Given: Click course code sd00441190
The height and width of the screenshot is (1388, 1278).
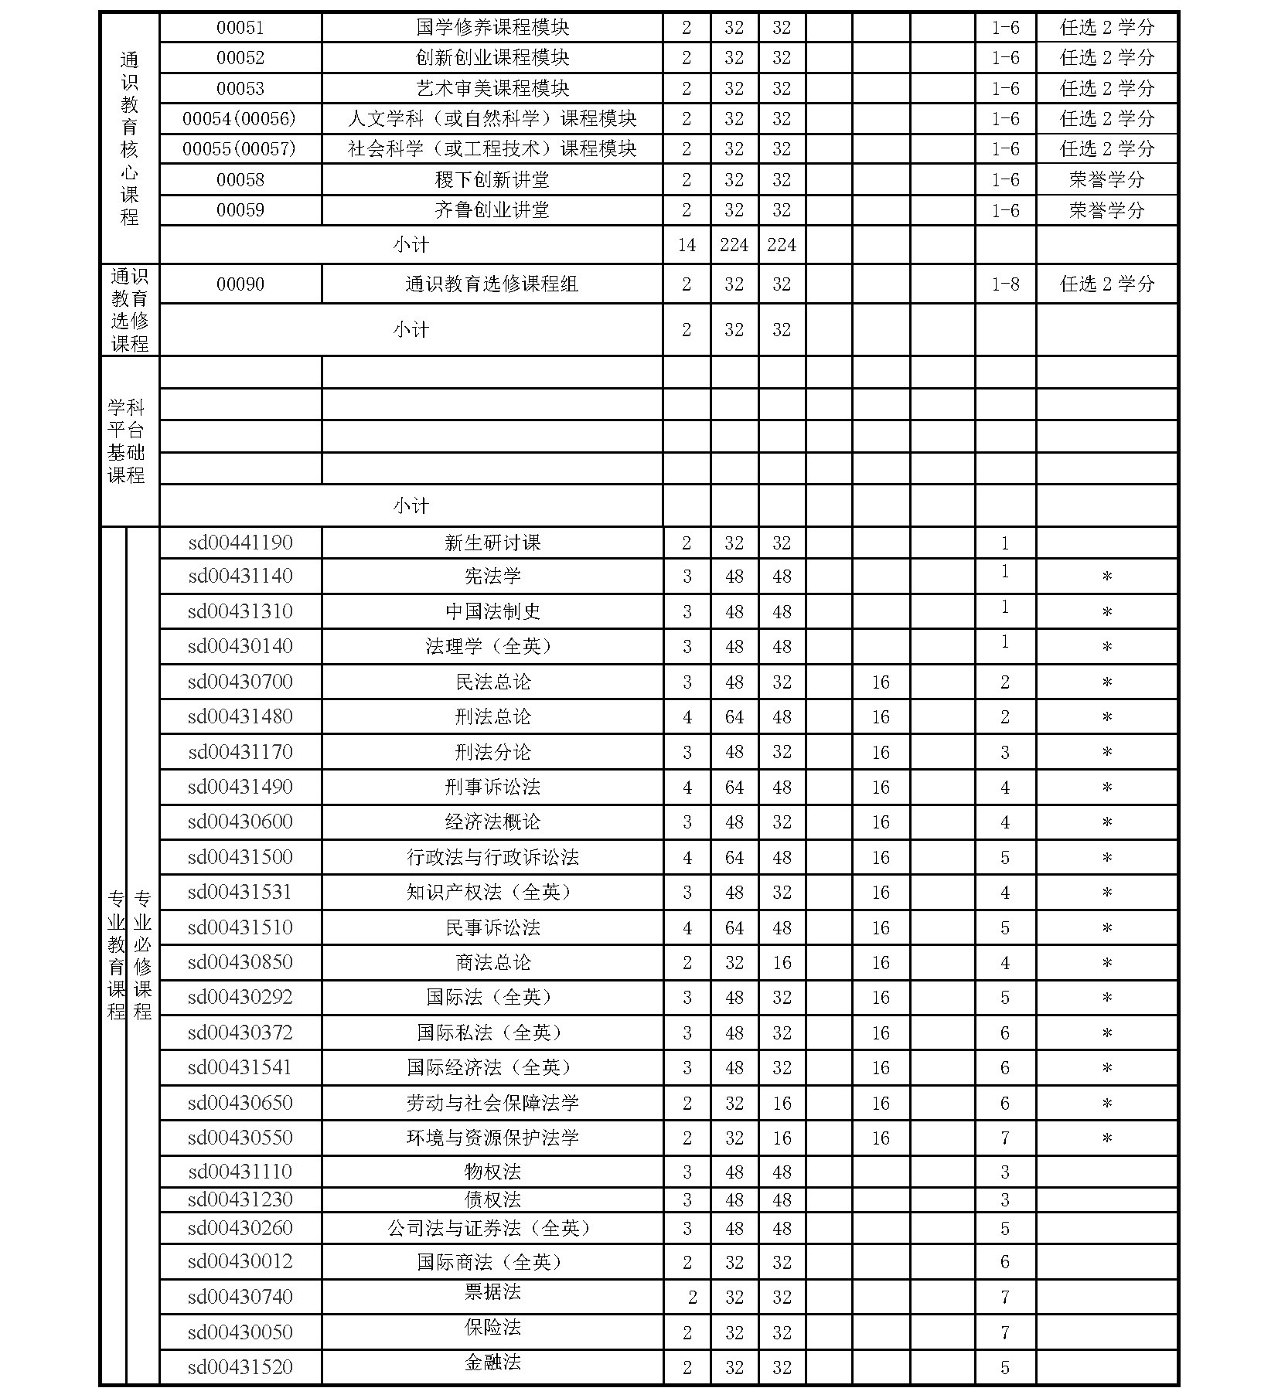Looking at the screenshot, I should click(240, 543).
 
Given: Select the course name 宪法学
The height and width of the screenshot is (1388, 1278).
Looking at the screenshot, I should click(492, 577).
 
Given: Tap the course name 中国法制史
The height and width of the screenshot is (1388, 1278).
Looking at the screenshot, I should click(492, 611).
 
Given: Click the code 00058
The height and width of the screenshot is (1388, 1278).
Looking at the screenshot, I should click(240, 180).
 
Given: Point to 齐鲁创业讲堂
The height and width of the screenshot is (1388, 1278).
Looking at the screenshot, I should click(492, 210).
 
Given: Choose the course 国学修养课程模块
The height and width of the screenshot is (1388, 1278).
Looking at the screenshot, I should click(492, 28).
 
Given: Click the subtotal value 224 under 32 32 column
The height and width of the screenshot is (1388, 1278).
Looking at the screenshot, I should click(734, 245).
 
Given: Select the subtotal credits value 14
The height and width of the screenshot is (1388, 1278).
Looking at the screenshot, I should click(687, 245).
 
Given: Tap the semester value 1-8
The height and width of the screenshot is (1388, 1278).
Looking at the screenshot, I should click(1005, 284).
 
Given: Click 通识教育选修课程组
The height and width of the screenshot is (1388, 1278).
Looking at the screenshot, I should click(492, 284).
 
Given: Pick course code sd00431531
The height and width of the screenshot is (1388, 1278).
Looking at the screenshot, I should click(240, 893).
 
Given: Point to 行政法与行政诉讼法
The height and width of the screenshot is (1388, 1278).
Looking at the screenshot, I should click(492, 857).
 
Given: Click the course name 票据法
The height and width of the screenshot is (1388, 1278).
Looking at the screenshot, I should click(492, 1291).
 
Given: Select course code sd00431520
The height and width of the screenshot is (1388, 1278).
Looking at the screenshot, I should click(240, 1367).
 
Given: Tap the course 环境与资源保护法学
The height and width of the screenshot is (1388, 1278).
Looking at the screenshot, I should click(492, 1138).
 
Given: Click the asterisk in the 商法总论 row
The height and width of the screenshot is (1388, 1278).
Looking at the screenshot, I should click(1106, 963).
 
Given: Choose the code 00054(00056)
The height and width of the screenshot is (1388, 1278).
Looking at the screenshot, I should click(240, 119).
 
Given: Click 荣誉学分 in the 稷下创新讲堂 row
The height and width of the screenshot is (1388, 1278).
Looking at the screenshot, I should click(1106, 180).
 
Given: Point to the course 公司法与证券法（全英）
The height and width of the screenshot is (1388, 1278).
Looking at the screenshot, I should click(492, 1228).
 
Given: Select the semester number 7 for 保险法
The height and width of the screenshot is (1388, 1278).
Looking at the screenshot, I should click(1005, 1332).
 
